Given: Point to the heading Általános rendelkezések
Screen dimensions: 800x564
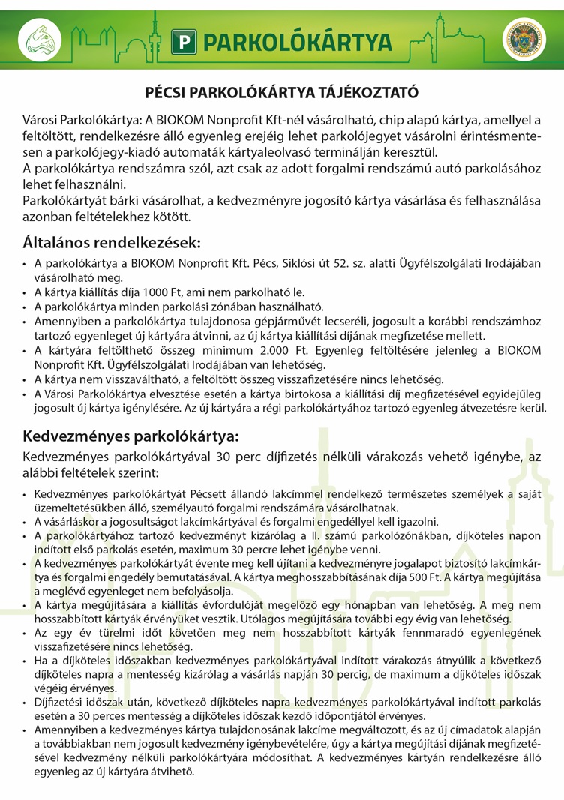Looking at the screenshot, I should pyautogui.click(x=112, y=243).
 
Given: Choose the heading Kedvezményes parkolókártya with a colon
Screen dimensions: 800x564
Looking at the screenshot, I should pyautogui.click(x=131, y=436).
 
